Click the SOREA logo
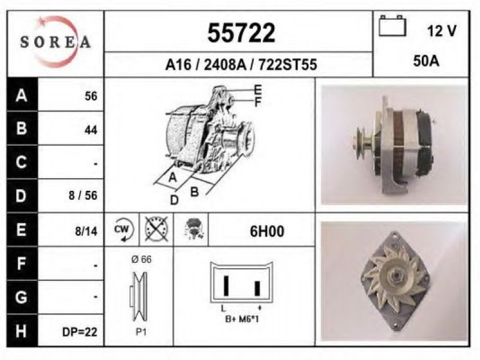point(55,41)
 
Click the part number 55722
point(241,33)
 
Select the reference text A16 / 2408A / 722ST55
point(241,65)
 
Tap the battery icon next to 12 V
point(392,26)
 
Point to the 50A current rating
point(426,61)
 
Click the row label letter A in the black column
point(22,95)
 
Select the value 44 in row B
point(91,130)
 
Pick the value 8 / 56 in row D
point(83,196)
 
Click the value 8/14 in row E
point(86,231)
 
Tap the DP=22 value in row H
point(80,332)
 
